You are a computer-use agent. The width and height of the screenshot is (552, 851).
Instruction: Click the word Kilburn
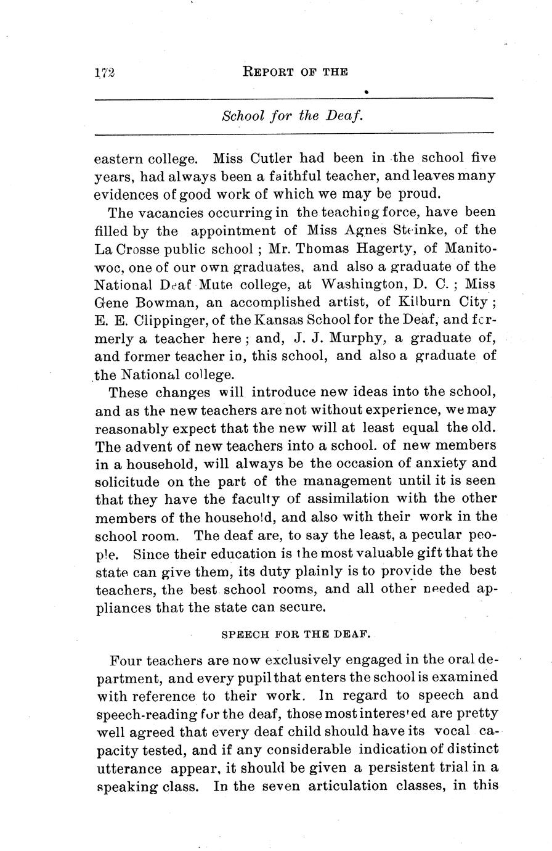tap(405, 303)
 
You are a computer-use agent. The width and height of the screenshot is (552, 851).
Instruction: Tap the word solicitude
tap(128, 481)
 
